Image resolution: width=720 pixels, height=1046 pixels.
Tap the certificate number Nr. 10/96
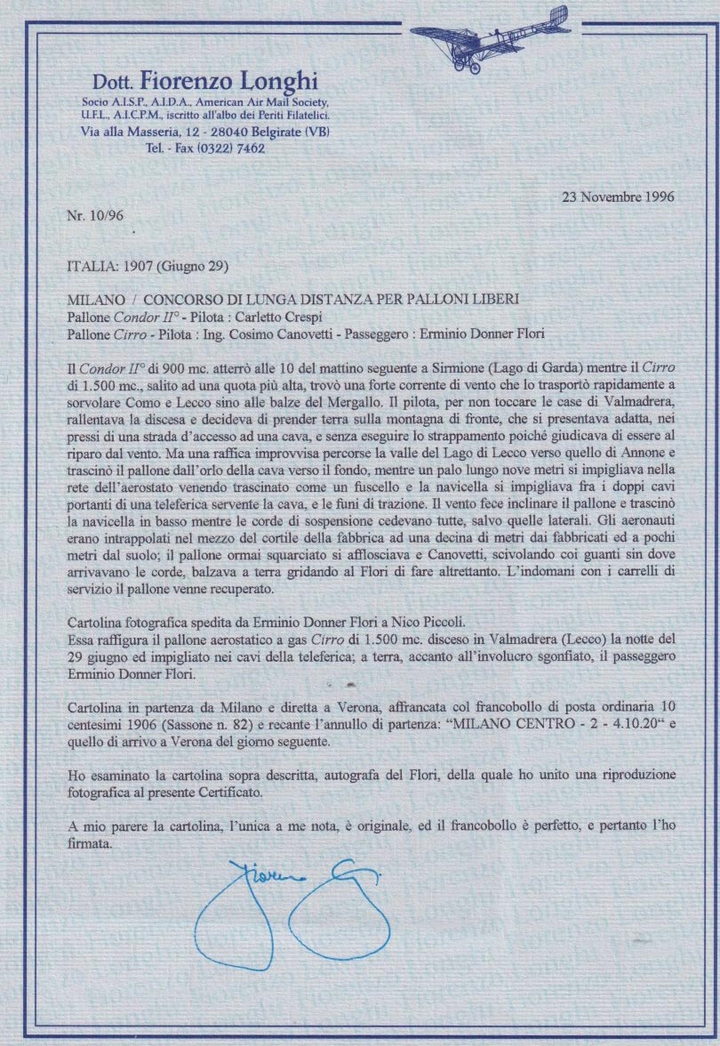coord(93,215)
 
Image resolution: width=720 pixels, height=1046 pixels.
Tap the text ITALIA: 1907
coord(108,265)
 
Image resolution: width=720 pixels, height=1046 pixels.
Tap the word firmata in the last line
coord(90,843)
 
